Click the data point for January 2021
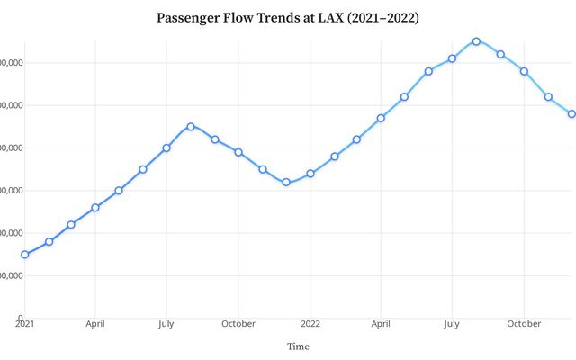click(24, 255)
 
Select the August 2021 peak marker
click(191, 126)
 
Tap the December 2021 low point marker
click(286, 182)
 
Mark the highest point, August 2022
click(476, 40)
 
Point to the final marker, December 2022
click(571, 113)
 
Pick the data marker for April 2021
click(95, 207)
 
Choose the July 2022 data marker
click(452, 58)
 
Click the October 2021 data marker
click(238, 152)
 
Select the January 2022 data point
click(310, 174)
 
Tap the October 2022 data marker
click(524, 71)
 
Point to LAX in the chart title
click(328, 18)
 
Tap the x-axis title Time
click(298, 346)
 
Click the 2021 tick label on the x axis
click(24, 323)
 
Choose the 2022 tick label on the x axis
click(310, 323)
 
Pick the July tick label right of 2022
click(452, 323)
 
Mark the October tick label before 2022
click(238, 323)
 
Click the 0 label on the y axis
click(19, 318)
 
